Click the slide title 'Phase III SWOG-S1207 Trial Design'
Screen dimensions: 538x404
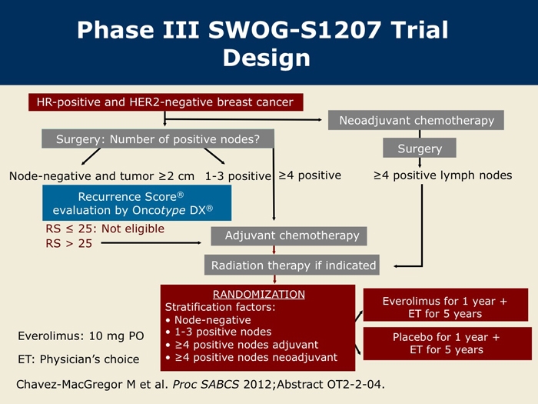263,44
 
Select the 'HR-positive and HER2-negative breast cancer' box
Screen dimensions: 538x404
166,102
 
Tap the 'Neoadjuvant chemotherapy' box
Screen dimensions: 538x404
416,120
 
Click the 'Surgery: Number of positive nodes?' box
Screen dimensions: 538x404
158,139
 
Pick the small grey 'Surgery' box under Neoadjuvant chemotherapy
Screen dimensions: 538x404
420,148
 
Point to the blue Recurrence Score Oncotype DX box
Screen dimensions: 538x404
137,202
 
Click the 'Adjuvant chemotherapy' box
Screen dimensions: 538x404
289,235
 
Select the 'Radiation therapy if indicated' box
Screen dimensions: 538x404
292,265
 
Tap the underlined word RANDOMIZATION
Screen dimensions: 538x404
259,295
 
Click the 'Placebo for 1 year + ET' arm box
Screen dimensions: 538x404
447,343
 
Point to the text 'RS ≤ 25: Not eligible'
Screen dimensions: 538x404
105,229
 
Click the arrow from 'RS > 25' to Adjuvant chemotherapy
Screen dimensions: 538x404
151,243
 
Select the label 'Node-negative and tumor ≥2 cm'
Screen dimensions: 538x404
101,176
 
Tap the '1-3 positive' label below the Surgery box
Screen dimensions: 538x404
238,176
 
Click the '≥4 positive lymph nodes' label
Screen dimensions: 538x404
443,175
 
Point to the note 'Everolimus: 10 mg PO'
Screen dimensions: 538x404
81,336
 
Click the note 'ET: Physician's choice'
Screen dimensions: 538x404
78,359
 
